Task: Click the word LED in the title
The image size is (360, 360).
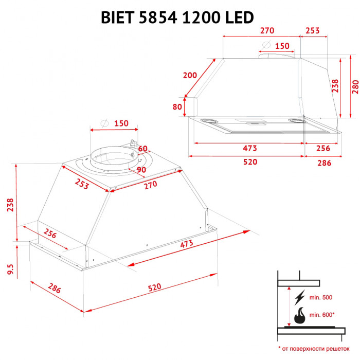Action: click(x=238, y=17)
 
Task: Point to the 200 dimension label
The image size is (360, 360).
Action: click(x=190, y=75)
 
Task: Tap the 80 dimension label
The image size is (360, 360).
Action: click(x=177, y=107)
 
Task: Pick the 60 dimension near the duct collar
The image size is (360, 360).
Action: click(x=143, y=149)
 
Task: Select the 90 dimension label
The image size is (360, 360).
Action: click(x=141, y=170)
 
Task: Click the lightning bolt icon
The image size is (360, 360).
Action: click(x=300, y=297)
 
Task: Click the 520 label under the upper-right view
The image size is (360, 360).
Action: click(x=249, y=162)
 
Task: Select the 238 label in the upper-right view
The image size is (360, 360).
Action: click(x=335, y=85)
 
